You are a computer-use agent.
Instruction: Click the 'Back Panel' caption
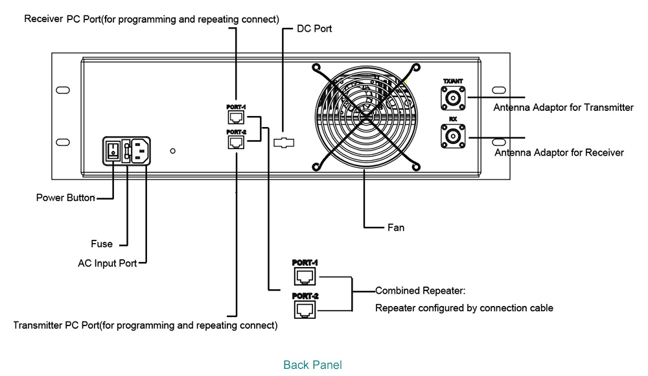[x=312, y=365]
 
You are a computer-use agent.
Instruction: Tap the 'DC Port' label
[x=314, y=29]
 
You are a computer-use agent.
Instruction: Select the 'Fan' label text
[x=395, y=228]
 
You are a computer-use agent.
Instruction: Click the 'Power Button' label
[x=65, y=198]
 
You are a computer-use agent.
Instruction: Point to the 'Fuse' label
[x=102, y=244]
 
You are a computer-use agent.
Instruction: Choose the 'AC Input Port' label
[x=107, y=264]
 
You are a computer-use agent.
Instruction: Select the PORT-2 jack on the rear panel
[x=236, y=143]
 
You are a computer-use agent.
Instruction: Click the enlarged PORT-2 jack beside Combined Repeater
[x=305, y=310]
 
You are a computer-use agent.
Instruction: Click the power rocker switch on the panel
[x=113, y=150]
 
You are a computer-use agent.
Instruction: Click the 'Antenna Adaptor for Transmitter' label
[x=563, y=108]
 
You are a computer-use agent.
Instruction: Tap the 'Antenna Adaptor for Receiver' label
[x=559, y=153]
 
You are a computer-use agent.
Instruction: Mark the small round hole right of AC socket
[x=172, y=151]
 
